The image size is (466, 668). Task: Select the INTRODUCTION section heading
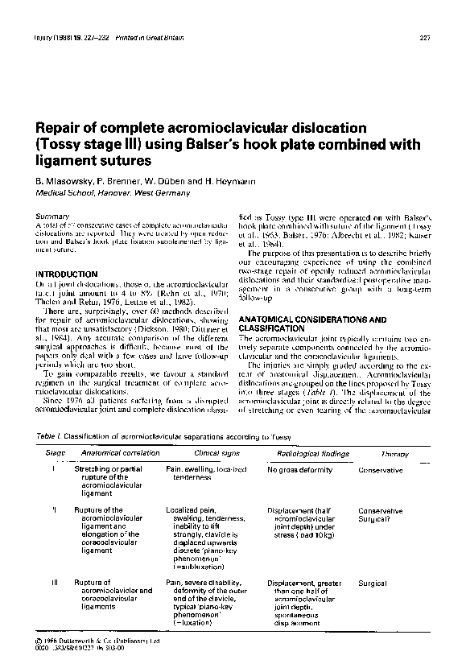coord(67,274)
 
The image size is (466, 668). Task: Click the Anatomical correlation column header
coord(111,454)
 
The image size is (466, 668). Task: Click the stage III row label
coord(53,582)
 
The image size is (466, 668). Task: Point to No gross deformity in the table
coord(299,469)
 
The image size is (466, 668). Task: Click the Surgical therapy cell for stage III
coord(373,582)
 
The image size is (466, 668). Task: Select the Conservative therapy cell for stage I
coord(381,469)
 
